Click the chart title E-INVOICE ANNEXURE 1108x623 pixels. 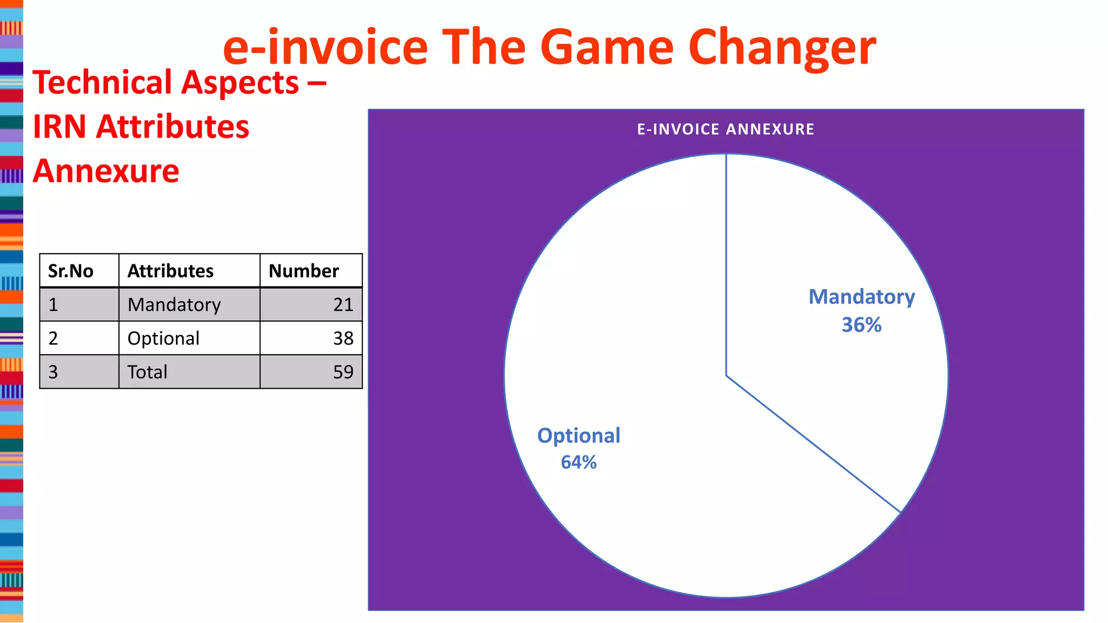(x=725, y=129)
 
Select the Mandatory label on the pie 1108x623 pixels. (x=861, y=297)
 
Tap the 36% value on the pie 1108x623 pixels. (x=861, y=325)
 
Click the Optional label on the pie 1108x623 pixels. (x=578, y=436)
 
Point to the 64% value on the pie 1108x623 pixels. (x=578, y=462)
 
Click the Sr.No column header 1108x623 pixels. (x=70, y=271)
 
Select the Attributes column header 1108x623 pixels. (x=170, y=271)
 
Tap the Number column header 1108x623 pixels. (x=304, y=271)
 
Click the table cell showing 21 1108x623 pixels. (x=343, y=305)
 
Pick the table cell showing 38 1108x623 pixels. (x=343, y=339)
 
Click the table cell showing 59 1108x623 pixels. (x=343, y=372)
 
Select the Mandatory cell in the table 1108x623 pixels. (x=174, y=305)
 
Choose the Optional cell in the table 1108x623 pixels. (x=163, y=339)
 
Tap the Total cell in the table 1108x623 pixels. (x=147, y=372)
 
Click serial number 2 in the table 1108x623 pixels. (x=53, y=339)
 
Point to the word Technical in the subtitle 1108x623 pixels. (x=102, y=83)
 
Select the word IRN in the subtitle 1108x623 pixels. (x=60, y=127)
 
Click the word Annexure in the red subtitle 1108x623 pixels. (x=106, y=171)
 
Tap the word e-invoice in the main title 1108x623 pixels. (x=325, y=48)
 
